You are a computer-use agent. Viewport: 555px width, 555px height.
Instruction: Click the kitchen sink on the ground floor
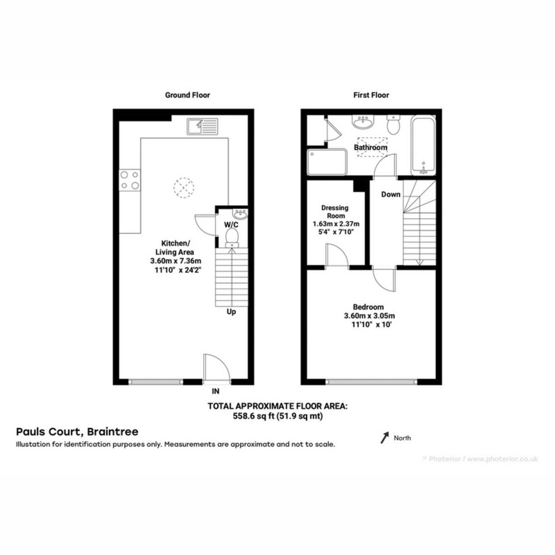[x=202, y=126]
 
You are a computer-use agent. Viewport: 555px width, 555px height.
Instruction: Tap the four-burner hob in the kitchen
[x=130, y=180]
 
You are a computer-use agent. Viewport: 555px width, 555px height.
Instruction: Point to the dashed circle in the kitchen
[x=184, y=187]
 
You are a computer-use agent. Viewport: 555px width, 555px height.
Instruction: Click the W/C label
[x=231, y=224]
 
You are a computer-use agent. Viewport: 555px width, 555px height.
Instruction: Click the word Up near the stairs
[x=231, y=312]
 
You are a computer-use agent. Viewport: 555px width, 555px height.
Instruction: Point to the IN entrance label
[x=216, y=391]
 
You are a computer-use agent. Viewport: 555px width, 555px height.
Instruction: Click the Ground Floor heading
[x=187, y=95]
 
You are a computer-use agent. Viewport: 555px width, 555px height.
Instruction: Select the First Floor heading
[x=371, y=95]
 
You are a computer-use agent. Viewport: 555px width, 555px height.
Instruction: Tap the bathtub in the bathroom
[x=423, y=145]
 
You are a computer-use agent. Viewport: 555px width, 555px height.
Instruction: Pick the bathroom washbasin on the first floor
[x=363, y=122]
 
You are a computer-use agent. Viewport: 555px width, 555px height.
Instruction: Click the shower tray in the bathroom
[x=327, y=162]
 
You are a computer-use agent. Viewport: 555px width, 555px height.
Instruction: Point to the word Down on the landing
[x=391, y=194]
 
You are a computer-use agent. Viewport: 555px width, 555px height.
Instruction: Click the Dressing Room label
[x=335, y=212]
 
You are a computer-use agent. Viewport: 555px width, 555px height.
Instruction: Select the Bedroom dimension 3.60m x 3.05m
[x=369, y=316]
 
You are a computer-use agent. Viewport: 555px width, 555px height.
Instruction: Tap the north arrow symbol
[x=385, y=438]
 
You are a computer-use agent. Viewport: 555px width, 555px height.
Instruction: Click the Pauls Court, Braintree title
[x=77, y=432]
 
